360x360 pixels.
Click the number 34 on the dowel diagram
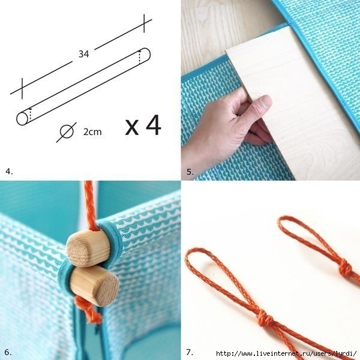tap(83, 54)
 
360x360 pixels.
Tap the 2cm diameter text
tap(92, 132)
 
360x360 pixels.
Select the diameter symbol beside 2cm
tap(67, 132)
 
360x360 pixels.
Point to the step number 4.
tap(9, 171)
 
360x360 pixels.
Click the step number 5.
tap(190, 172)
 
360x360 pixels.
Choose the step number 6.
tap(8, 352)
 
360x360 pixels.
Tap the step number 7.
tap(190, 352)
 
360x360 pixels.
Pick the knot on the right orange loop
tap(345, 267)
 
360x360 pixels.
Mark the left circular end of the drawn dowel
tap(22, 119)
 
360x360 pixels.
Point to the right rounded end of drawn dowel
tap(146, 55)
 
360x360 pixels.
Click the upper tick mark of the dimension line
tap(144, 23)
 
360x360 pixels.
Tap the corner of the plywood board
tap(226, 50)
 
